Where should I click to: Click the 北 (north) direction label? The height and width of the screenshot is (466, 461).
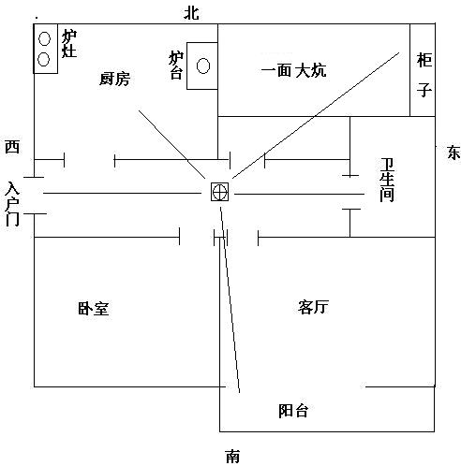point(191,13)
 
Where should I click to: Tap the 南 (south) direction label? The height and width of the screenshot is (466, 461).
point(232,457)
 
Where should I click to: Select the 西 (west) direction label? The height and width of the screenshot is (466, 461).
point(12,147)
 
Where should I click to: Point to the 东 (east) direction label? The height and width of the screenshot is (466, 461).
point(454,153)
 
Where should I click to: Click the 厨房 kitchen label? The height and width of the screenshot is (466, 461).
point(114,79)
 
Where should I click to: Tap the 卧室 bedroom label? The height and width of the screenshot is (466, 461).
point(94,308)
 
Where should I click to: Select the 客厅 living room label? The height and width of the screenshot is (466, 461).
point(313,307)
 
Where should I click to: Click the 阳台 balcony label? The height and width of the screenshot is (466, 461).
point(293,411)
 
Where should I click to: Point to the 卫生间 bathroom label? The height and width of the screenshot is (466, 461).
point(387,180)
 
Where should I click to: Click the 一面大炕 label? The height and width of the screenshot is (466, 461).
point(293,70)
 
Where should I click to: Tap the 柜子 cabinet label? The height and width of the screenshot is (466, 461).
point(424,75)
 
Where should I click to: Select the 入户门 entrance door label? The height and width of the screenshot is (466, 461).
point(12,204)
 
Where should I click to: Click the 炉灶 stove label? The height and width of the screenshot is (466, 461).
point(69,44)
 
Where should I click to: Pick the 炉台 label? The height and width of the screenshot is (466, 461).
point(176,65)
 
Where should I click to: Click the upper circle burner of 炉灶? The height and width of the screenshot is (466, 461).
point(44,38)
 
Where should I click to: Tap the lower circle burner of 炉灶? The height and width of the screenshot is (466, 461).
point(44,59)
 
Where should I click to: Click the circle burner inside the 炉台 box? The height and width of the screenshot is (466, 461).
point(203,66)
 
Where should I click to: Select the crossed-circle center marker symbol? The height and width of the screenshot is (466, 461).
point(219,192)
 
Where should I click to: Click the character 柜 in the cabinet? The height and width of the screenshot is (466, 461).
point(424,60)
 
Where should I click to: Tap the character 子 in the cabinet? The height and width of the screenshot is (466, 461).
point(424,90)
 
